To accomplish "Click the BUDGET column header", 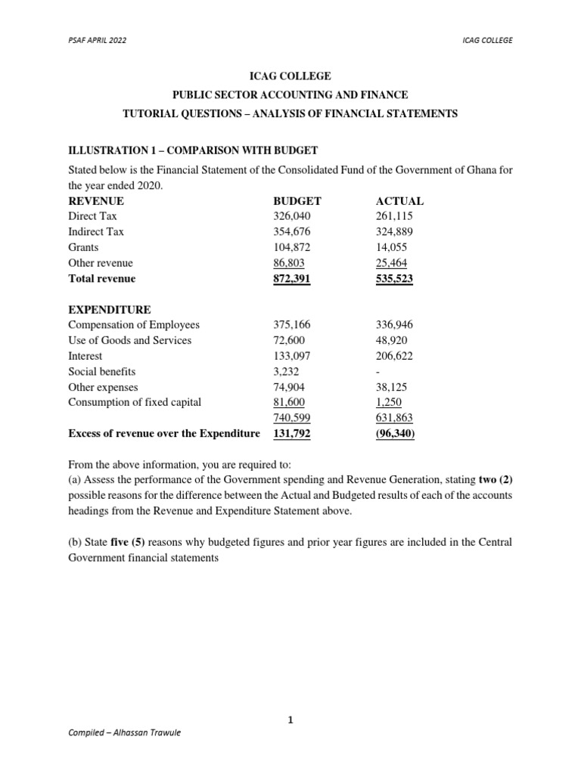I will click(297, 201).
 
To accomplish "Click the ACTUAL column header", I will click(399, 201).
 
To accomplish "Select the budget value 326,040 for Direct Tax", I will click(291, 216).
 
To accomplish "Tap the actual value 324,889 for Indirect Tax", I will click(394, 232).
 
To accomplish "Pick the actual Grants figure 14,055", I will click(391, 247).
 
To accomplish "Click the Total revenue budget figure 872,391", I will click(291, 278).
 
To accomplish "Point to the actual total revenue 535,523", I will click(394, 278).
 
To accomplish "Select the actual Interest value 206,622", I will click(394, 355).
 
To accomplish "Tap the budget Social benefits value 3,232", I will click(286, 371).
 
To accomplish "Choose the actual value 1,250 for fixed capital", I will click(389, 402).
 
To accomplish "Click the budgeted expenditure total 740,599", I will click(291, 417).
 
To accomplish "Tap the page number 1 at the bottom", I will click(290, 721).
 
